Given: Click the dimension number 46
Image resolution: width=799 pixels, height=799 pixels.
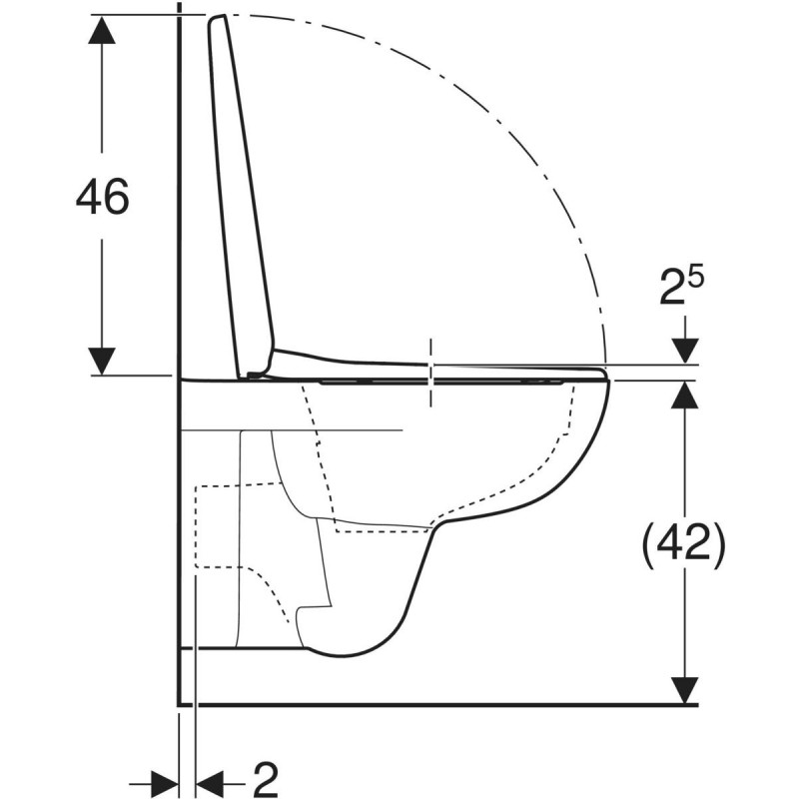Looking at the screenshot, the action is [103, 198].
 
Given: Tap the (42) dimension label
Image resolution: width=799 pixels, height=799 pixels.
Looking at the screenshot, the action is [683, 544].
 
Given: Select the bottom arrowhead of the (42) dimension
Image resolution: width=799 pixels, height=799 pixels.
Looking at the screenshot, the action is [684, 688].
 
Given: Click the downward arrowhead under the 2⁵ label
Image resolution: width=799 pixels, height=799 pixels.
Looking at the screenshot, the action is [684, 350].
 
